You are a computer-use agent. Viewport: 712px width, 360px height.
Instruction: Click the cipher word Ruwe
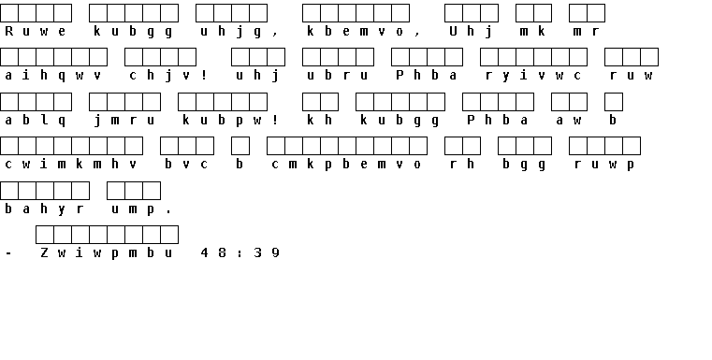click(x=36, y=31)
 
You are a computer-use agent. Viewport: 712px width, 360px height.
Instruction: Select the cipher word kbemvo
click(x=356, y=31)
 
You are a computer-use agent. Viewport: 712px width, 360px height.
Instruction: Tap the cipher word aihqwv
click(x=53, y=76)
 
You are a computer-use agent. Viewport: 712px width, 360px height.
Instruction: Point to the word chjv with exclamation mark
click(x=168, y=76)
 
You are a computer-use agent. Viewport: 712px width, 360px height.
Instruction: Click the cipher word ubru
click(x=338, y=76)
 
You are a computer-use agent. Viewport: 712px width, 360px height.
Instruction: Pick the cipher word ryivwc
click(x=533, y=76)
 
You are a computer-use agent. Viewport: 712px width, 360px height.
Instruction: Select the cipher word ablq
click(x=36, y=121)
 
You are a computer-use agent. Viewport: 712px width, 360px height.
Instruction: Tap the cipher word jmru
click(x=124, y=121)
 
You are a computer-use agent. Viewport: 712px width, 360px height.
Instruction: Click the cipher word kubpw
click(x=223, y=121)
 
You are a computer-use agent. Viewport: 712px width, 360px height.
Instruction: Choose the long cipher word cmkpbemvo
click(x=346, y=165)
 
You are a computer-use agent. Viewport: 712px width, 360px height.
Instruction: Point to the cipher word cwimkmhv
click(x=71, y=165)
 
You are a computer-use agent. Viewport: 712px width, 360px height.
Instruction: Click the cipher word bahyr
click(x=45, y=209)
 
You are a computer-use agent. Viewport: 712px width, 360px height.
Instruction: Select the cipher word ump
click(x=134, y=209)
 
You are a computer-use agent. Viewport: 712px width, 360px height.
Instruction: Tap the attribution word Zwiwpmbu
click(x=107, y=253)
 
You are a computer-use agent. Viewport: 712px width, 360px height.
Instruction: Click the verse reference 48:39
click(x=240, y=253)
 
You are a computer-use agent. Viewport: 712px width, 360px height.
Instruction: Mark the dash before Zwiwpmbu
click(x=8, y=253)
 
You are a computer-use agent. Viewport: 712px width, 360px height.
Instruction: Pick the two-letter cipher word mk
click(x=533, y=31)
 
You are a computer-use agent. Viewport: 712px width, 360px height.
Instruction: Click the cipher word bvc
click(x=186, y=165)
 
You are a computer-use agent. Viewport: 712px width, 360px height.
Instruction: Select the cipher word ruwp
click(x=603, y=165)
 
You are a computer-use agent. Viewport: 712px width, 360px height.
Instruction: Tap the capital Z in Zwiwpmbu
click(x=44, y=252)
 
